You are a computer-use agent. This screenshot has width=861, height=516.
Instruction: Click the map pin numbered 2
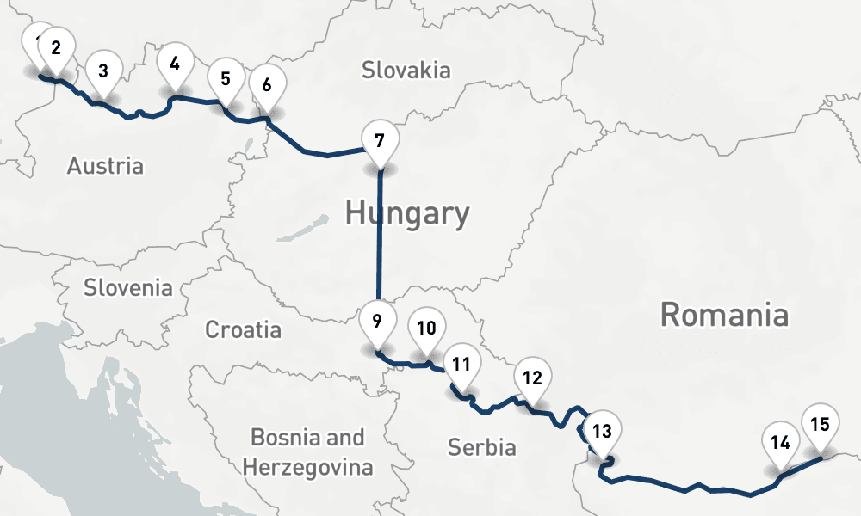(x=56, y=48)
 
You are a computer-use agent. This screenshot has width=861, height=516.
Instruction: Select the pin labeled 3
(x=103, y=71)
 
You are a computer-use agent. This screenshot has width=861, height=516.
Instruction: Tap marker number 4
(x=176, y=64)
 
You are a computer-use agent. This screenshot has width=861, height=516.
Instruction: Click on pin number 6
(x=267, y=86)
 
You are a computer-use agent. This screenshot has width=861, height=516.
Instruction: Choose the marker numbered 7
(x=380, y=139)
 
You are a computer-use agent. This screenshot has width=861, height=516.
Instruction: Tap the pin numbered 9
(x=377, y=322)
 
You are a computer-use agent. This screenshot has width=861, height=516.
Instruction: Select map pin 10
(x=426, y=329)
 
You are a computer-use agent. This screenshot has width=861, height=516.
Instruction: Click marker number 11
(x=461, y=365)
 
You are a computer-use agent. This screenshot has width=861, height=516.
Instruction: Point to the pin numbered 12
(x=532, y=378)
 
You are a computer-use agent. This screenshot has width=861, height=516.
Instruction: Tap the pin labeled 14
(x=781, y=445)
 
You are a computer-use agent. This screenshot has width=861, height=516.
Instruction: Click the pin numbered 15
(x=820, y=425)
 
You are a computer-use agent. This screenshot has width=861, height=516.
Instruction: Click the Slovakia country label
(x=406, y=70)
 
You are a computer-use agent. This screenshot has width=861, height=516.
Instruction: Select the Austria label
(x=105, y=165)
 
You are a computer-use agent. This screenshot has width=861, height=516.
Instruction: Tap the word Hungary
(x=407, y=213)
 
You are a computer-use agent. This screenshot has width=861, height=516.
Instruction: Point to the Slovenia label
(x=127, y=287)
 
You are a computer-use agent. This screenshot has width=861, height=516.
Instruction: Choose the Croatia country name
(x=243, y=329)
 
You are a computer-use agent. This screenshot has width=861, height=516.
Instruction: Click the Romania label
(x=723, y=315)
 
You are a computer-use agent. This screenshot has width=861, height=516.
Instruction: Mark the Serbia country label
(x=481, y=446)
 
